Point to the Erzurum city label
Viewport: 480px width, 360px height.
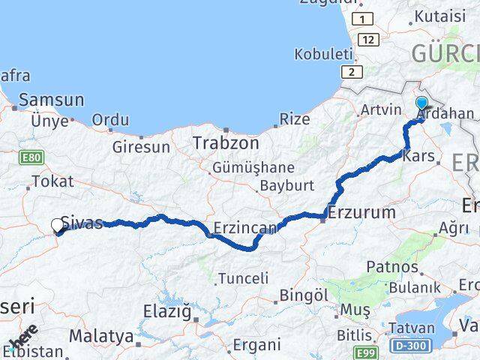pos(361,212)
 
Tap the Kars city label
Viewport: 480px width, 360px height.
pos(418,157)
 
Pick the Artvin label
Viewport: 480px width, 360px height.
pos(381,110)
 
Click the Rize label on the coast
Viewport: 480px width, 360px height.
pos(294,118)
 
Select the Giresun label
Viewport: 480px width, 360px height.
pos(141,147)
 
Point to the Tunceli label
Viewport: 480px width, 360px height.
pos(242,279)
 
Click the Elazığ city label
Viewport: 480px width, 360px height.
pos(167,310)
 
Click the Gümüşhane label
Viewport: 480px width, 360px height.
pos(253,167)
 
